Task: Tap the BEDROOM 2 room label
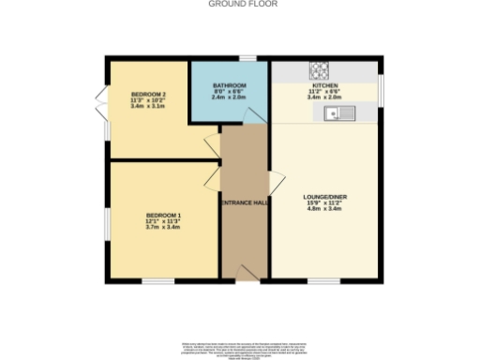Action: [x=148, y=95]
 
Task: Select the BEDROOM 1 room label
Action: [x=162, y=217]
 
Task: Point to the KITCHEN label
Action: [x=324, y=85]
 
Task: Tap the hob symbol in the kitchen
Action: [x=321, y=68]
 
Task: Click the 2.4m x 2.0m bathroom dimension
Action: [x=230, y=97]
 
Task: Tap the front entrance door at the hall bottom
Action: [x=245, y=273]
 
